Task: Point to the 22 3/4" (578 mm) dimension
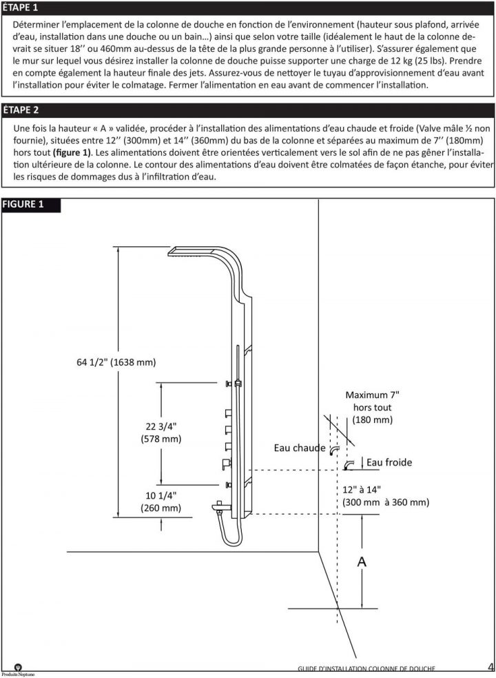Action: [160, 432]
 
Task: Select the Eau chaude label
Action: [299, 448]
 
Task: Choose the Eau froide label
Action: [389, 462]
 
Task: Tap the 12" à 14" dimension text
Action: [385, 495]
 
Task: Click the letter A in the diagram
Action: [361, 562]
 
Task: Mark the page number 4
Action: [488, 666]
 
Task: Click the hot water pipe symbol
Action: [334, 450]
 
